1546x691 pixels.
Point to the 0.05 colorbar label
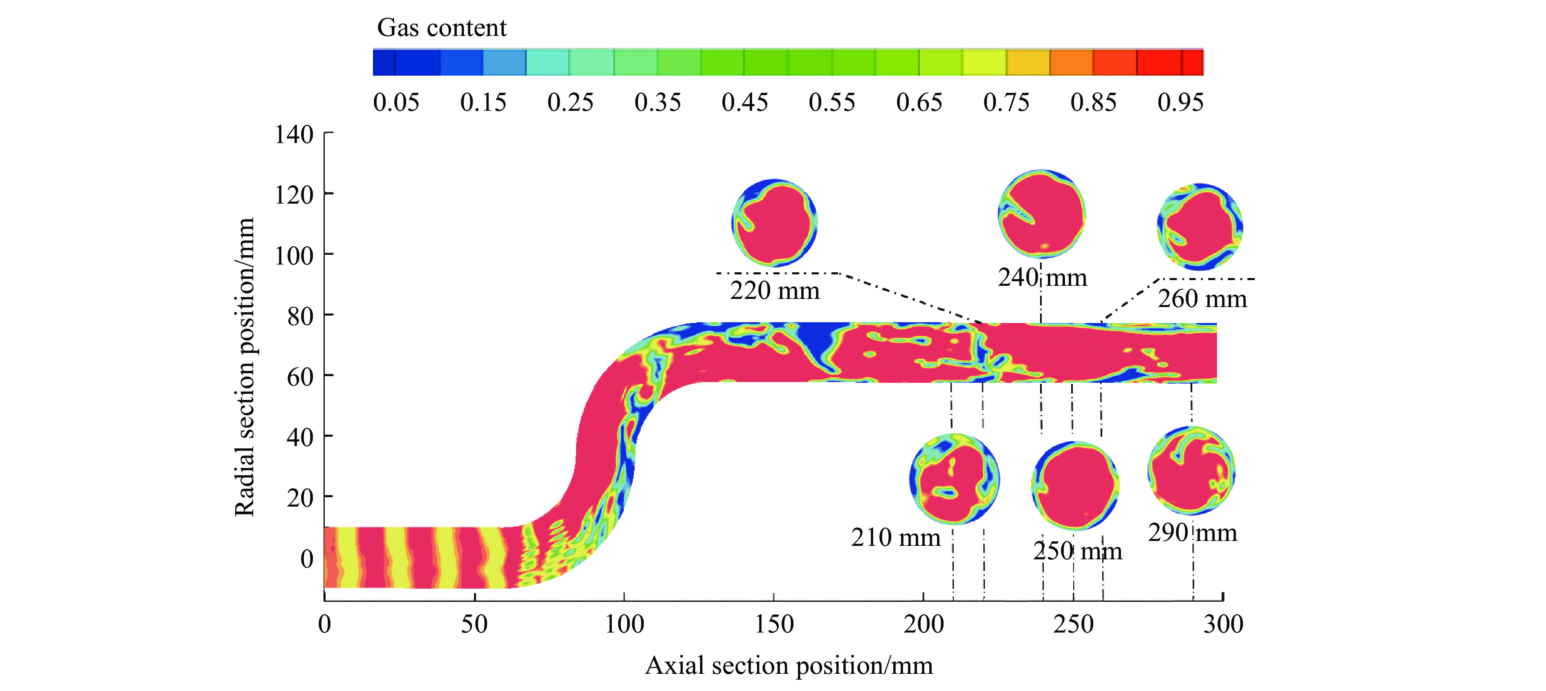(396, 103)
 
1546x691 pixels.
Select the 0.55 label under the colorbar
(832, 103)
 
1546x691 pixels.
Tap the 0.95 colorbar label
(1180, 103)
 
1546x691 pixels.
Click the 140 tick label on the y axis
(294, 135)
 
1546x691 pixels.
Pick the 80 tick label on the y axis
(300, 316)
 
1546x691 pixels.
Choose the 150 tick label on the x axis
(773, 624)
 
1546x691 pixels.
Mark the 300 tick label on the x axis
(1223, 624)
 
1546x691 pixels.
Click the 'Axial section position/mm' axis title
(789, 666)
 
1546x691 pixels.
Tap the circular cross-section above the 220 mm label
(774, 222)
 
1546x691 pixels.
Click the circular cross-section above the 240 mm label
(1041, 214)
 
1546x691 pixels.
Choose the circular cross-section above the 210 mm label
(954, 479)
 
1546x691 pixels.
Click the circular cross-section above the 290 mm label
(1191, 470)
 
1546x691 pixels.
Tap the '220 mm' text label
(774, 291)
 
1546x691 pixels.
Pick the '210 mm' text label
(895, 537)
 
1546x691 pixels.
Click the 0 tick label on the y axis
(307, 559)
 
